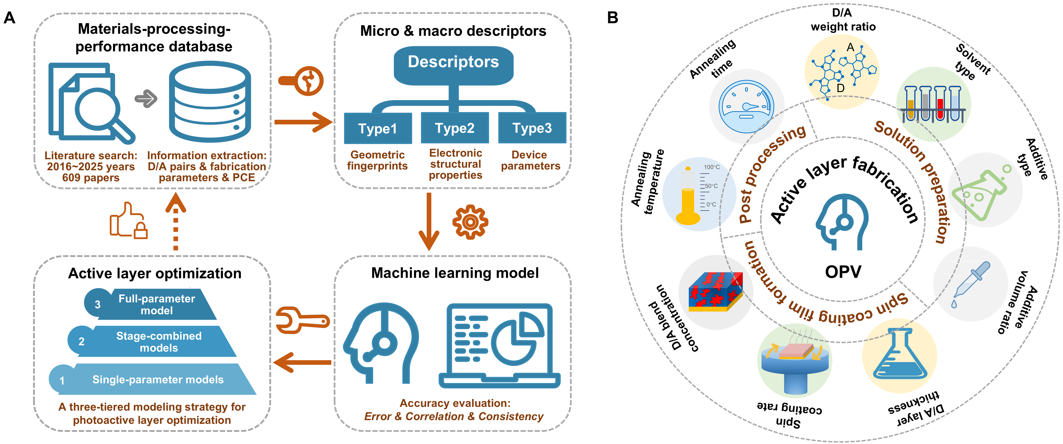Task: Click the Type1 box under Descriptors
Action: coord(378,128)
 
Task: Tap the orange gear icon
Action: coord(470,222)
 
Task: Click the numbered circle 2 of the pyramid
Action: coord(81,341)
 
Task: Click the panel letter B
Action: coord(612,18)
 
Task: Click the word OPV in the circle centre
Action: coord(843,272)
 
